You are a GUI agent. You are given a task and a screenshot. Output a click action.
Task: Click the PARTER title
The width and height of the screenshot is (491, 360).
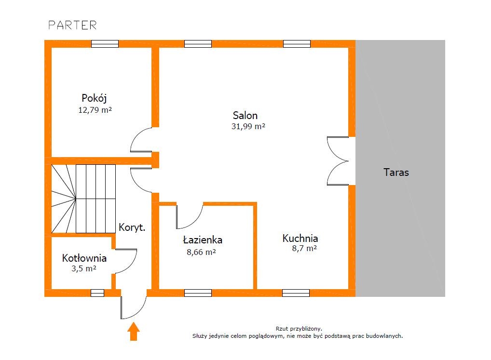[x=72, y=26]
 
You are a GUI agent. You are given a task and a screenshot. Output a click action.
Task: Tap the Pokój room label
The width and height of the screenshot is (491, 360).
[x=94, y=98]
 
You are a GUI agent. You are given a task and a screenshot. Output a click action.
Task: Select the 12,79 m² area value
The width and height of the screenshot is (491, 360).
[x=95, y=110]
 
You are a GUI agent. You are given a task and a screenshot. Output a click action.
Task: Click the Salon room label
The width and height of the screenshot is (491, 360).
[x=245, y=115]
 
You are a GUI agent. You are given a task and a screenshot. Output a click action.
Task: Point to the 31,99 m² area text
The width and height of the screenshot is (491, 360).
[x=248, y=126]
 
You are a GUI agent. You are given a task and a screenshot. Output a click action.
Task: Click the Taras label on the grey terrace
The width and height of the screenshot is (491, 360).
[x=396, y=173]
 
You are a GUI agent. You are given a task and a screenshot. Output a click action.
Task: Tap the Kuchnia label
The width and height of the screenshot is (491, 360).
[x=300, y=239]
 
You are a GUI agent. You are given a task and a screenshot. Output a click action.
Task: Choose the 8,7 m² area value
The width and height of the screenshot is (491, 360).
[x=304, y=248]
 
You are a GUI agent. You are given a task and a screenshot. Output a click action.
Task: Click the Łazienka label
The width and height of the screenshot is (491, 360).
[x=203, y=240]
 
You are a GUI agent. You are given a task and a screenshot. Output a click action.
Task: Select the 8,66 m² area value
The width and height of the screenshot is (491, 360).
[x=201, y=252]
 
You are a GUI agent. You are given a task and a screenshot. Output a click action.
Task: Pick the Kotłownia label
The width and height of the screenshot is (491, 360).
[x=84, y=258]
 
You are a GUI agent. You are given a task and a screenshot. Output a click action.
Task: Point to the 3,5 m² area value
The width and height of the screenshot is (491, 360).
[x=83, y=268]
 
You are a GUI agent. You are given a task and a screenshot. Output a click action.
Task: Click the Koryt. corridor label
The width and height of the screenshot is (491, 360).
[x=132, y=227]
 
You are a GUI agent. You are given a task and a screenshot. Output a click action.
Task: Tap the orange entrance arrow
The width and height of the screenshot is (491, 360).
[x=134, y=332]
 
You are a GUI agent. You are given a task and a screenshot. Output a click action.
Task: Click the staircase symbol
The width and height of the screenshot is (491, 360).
[x=83, y=199]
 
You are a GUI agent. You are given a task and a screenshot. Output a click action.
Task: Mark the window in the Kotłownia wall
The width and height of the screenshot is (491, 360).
[x=97, y=293]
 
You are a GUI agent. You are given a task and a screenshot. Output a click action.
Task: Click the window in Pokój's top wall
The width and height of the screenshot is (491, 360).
[x=105, y=44]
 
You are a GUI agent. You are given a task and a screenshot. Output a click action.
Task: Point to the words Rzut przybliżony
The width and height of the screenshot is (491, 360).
[x=299, y=329]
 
